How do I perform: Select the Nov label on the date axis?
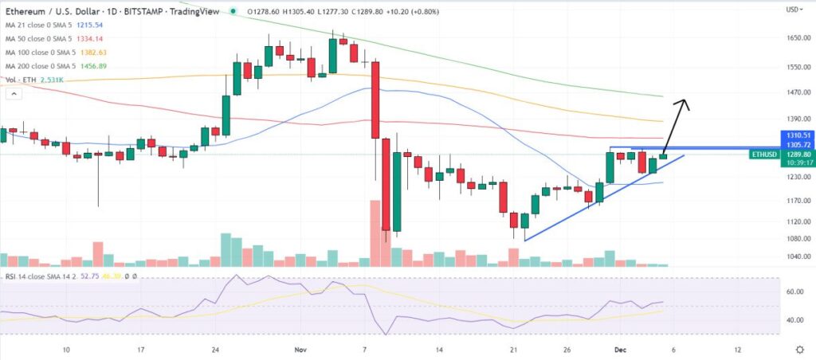tap(300, 350)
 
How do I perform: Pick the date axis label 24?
tap(216, 350)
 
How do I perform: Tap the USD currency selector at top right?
tap(793, 10)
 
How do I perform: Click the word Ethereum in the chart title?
tap(25, 10)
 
